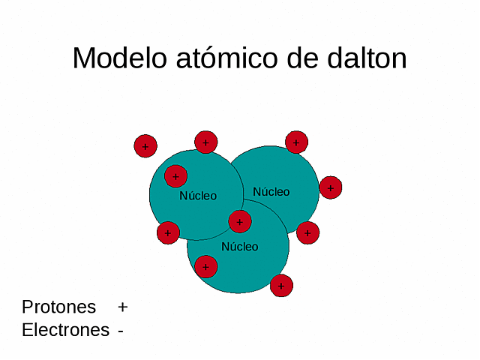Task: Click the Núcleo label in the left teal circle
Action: coord(198,196)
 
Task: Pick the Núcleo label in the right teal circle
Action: coord(271,192)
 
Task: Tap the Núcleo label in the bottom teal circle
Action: coord(239,247)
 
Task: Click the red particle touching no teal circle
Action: coord(145,146)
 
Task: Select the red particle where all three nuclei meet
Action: coord(240,221)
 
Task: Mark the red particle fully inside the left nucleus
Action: coord(175,177)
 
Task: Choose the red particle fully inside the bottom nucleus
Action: coord(205,266)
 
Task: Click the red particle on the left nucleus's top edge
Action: coord(205,142)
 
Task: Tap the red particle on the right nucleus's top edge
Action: coord(296,142)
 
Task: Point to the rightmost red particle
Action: coord(331,187)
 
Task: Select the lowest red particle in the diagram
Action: coord(281,285)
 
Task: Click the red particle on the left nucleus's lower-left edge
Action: coord(168,232)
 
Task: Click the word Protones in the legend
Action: coord(59,307)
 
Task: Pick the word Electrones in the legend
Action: coord(66,330)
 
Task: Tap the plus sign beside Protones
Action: coord(123,307)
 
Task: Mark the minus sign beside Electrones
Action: coord(121,331)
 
